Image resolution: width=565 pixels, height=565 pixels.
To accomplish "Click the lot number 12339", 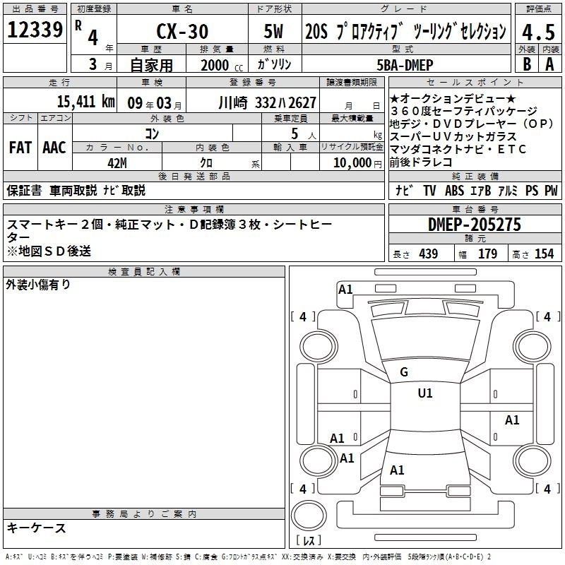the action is [35, 30].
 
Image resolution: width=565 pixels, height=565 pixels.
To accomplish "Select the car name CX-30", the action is [182, 31].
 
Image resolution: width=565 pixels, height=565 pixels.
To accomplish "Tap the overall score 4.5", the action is [538, 32].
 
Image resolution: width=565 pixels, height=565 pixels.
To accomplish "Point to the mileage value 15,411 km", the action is [85, 102].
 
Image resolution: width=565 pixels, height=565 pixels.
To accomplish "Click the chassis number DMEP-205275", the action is [475, 225].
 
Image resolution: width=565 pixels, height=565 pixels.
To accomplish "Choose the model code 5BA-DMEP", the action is [405, 65].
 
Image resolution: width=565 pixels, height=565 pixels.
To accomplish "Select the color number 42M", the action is [117, 163].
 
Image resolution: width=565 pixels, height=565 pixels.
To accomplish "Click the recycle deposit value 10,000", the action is [352, 163].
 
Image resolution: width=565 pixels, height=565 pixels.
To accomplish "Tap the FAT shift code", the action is [20, 148].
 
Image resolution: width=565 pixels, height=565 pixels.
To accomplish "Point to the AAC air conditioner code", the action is [54, 148].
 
